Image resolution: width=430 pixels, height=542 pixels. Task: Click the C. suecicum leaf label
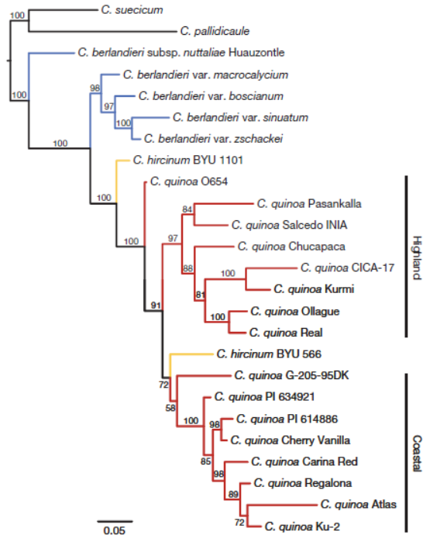(132, 9)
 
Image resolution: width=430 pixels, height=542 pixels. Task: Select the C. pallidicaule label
(215, 31)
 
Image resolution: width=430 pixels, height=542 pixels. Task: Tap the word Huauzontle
(256, 53)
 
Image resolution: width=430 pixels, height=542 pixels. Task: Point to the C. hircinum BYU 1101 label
(188, 160)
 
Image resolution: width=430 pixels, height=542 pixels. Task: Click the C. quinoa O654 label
(189, 181)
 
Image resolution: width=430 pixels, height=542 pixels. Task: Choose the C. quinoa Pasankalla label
(309, 204)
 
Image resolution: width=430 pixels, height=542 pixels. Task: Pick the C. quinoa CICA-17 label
(347, 268)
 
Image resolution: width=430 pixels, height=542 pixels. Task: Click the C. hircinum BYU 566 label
(269, 354)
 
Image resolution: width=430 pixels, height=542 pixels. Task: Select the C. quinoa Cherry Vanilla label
(290, 440)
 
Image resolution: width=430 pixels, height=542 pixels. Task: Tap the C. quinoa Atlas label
(358, 504)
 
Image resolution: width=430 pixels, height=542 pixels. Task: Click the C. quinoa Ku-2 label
(302, 526)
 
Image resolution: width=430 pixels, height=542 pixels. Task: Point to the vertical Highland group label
(417, 257)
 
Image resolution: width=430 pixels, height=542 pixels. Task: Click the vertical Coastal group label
(417, 453)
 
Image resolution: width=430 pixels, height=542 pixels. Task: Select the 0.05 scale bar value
(115, 530)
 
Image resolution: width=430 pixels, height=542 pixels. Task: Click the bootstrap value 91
(156, 306)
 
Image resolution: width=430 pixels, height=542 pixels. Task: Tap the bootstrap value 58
(170, 408)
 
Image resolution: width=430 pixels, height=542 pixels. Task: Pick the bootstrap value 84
(187, 209)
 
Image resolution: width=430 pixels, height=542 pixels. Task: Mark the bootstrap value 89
(233, 494)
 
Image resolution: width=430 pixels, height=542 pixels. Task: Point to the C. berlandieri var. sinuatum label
(240, 118)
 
